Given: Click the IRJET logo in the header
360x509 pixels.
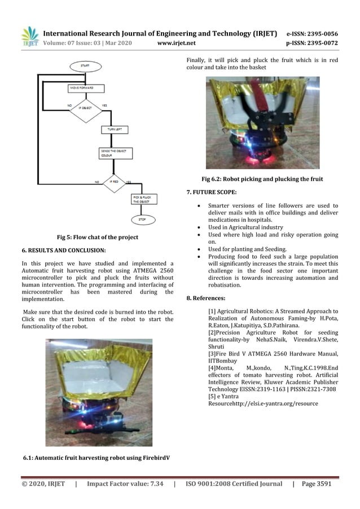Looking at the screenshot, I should point(29,36).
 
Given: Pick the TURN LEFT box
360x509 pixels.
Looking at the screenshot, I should point(115,130).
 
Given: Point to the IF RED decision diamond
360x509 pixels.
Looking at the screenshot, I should point(114,182).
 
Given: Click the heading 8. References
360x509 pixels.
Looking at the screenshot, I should point(206,298).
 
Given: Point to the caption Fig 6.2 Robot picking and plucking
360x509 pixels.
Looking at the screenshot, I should point(262,179).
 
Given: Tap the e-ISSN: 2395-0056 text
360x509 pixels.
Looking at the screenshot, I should point(312,34).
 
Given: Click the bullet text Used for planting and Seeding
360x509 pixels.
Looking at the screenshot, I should point(247,249).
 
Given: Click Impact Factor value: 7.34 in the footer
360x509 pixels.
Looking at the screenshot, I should point(125,484).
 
